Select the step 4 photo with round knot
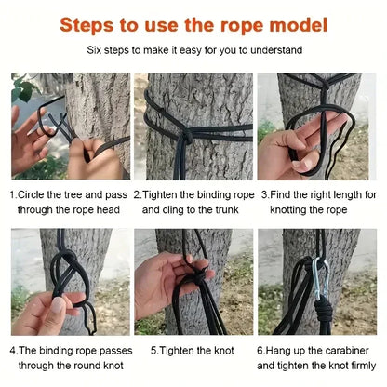pos(70,281)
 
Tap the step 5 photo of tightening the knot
pos(193,281)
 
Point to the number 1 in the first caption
pos(13,195)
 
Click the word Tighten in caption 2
pos(161,195)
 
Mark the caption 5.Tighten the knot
pos(193,351)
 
